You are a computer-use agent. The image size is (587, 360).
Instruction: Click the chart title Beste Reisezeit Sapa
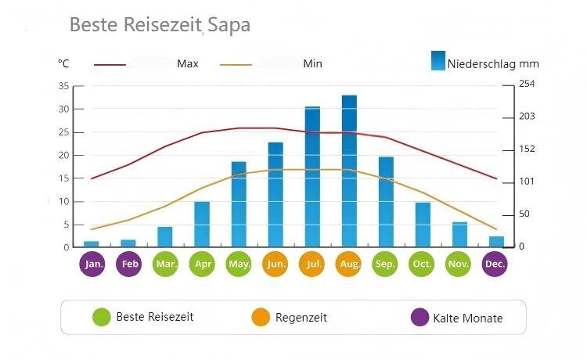click(x=160, y=24)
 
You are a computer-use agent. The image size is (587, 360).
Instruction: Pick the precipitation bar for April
click(x=202, y=224)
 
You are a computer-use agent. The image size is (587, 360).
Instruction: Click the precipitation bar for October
click(x=423, y=225)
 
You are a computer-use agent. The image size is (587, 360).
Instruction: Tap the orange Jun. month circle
click(x=275, y=264)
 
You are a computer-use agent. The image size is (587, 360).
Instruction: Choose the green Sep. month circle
click(x=385, y=264)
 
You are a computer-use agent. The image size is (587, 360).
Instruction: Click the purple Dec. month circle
click(x=495, y=264)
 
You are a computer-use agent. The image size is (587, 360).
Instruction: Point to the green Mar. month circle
click(x=165, y=264)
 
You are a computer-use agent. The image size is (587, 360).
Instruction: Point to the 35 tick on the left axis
click(x=63, y=86)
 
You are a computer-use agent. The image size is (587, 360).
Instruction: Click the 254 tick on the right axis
click(x=527, y=84)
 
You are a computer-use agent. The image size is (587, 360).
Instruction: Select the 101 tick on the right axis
click(x=527, y=182)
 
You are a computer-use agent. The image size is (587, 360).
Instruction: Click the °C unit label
click(x=63, y=63)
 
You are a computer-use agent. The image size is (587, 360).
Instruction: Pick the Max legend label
click(x=187, y=63)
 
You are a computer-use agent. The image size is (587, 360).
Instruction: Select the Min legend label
click(x=312, y=63)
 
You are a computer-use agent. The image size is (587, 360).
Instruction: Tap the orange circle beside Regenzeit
click(x=261, y=317)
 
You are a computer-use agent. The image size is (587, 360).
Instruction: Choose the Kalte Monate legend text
click(x=467, y=318)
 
